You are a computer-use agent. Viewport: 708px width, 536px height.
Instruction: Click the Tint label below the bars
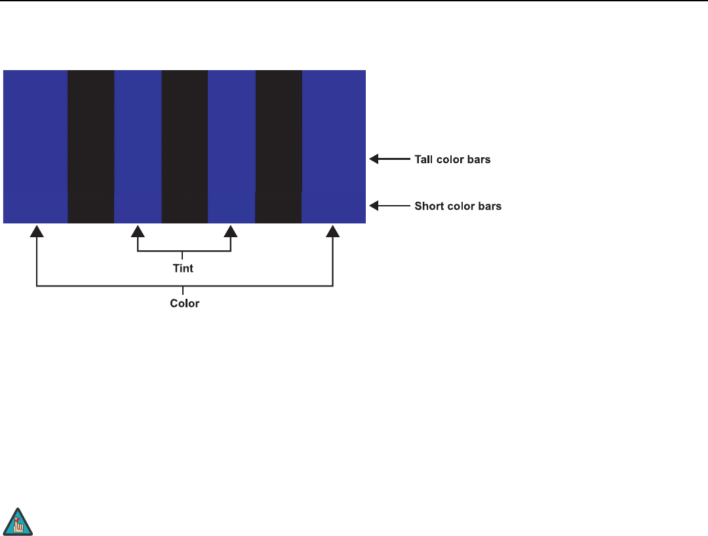pyautogui.click(x=184, y=269)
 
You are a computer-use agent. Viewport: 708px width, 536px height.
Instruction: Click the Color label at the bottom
pyautogui.click(x=184, y=303)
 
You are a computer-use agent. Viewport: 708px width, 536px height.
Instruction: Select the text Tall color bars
pyautogui.click(x=452, y=159)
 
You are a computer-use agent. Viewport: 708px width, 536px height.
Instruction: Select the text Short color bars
pyautogui.click(x=458, y=206)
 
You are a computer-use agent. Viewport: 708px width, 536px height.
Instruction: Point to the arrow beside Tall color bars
pyautogui.click(x=390, y=159)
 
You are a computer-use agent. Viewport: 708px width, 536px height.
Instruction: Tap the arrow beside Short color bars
pyautogui.click(x=390, y=206)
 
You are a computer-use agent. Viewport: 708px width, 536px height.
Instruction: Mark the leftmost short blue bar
pyautogui.click(x=35, y=208)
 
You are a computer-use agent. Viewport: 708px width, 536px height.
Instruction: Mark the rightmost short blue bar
pyautogui.click(x=333, y=208)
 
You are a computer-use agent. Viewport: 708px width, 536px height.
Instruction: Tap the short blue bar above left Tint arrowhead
pyautogui.click(x=138, y=208)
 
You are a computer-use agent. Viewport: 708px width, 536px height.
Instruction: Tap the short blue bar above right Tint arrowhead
pyautogui.click(x=231, y=208)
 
